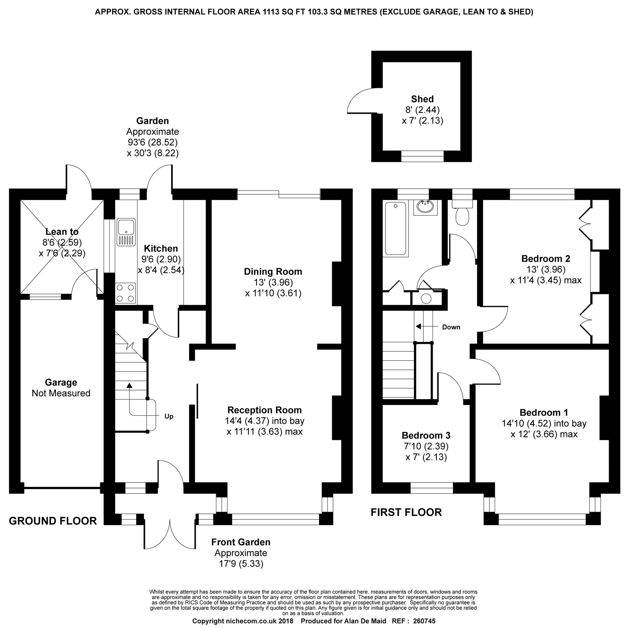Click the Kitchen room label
(x=161, y=248)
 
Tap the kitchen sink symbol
(x=126, y=232)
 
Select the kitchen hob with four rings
(x=126, y=293)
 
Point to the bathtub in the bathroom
(x=396, y=229)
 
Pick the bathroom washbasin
(x=426, y=208)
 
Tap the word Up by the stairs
(x=169, y=416)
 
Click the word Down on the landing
(x=451, y=327)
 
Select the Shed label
(x=422, y=99)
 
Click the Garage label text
(x=61, y=382)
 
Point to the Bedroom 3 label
(x=426, y=435)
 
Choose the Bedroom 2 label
(x=546, y=259)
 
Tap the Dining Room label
(x=273, y=271)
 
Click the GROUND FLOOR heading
(x=53, y=521)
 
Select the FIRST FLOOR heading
(x=406, y=512)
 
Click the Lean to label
(x=62, y=232)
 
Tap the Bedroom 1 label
(x=544, y=412)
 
